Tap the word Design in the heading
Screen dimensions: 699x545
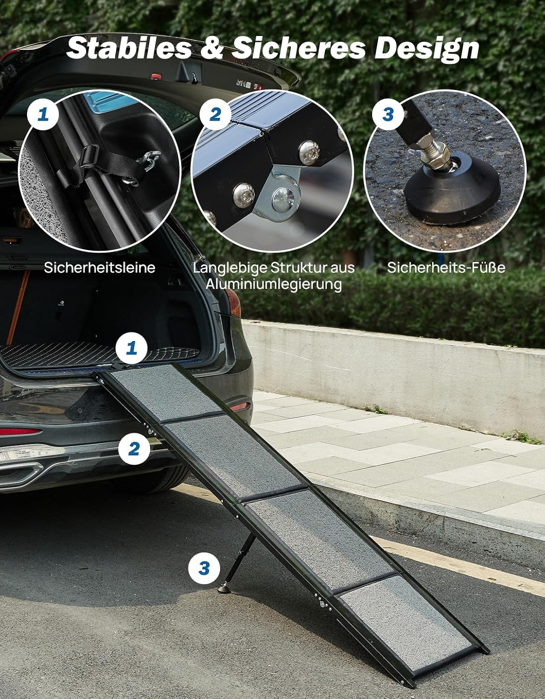tap(427, 48)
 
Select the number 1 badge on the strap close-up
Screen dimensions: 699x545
tap(43, 113)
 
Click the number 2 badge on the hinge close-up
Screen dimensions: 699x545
tap(215, 113)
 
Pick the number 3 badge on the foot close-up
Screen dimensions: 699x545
tap(388, 113)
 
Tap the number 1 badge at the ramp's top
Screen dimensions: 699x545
tap(131, 347)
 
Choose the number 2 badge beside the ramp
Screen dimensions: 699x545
tap(134, 448)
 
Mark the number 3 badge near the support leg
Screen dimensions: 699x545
tap(204, 568)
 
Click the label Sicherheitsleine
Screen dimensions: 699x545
tap(99, 267)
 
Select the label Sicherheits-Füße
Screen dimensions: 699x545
tap(446, 267)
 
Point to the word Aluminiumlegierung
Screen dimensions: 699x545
tap(274, 284)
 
